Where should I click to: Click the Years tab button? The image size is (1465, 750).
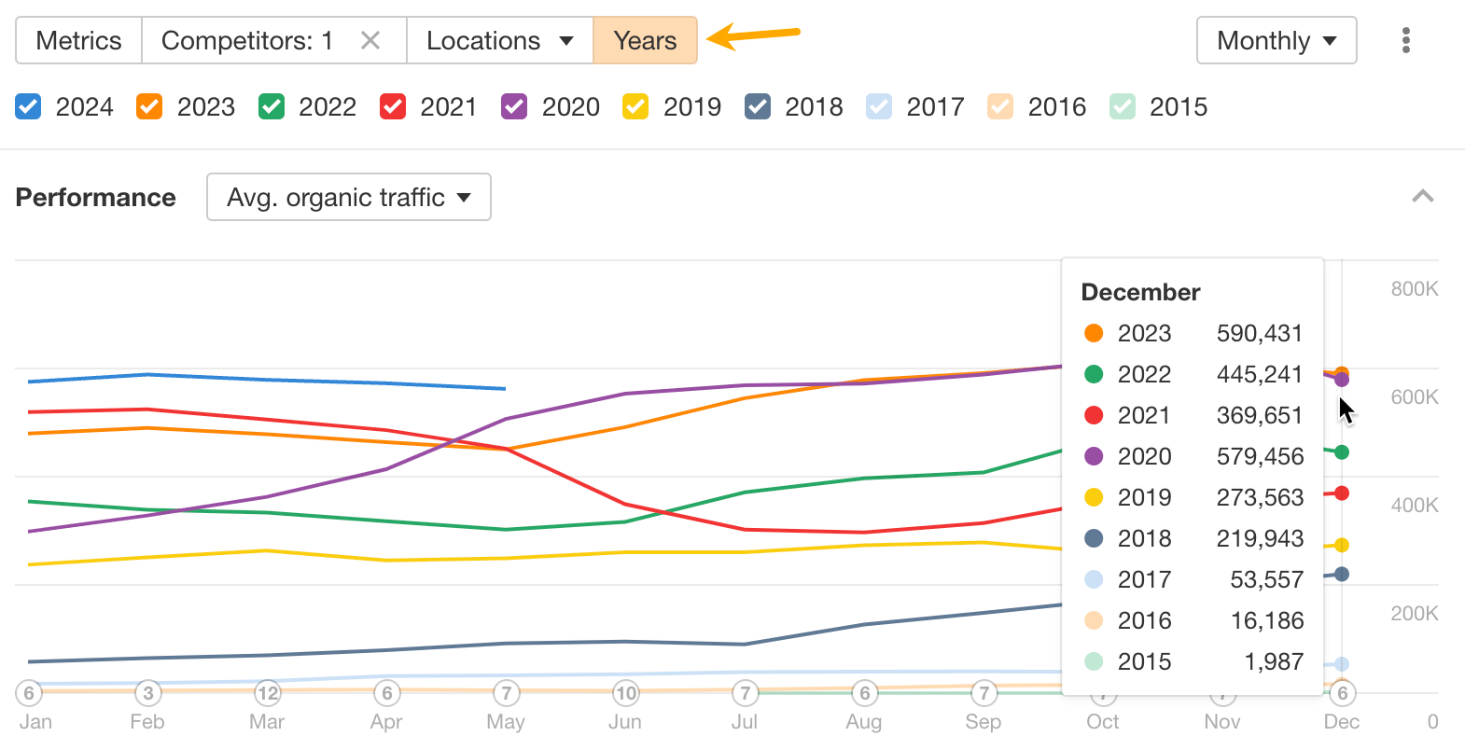[x=645, y=40]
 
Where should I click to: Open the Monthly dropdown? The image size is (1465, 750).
[x=1276, y=40]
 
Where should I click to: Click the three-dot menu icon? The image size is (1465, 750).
[x=1405, y=40]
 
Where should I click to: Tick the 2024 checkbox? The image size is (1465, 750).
[x=29, y=106]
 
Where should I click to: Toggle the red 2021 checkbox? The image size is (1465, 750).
[x=393, y=106]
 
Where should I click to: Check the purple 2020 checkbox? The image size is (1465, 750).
[x=514, y=106]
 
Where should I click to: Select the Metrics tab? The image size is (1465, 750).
[x=78, y=40]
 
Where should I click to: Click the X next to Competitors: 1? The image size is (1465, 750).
[x=370, y=40]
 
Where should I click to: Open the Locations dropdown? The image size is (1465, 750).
[x=499, y=40]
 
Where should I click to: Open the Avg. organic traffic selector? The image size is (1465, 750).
[x=348, y=197]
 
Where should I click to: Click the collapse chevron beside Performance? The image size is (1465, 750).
[x=1422, y=196]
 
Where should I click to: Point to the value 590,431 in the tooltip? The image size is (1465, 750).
[x=1259, y=333]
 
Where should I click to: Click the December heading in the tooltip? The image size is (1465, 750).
[x=1140, y=292]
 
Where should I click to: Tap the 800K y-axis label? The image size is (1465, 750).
[x=1414, y=288]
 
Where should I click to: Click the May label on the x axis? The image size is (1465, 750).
[x=506, y=721]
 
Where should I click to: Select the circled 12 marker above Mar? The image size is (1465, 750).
[x=268, y=693]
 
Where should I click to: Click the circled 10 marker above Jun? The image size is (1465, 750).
[x=625, y=693]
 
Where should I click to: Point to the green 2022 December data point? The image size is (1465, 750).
[x=1342, y=452]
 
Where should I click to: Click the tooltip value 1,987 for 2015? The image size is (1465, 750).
[x=1274, y=661]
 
